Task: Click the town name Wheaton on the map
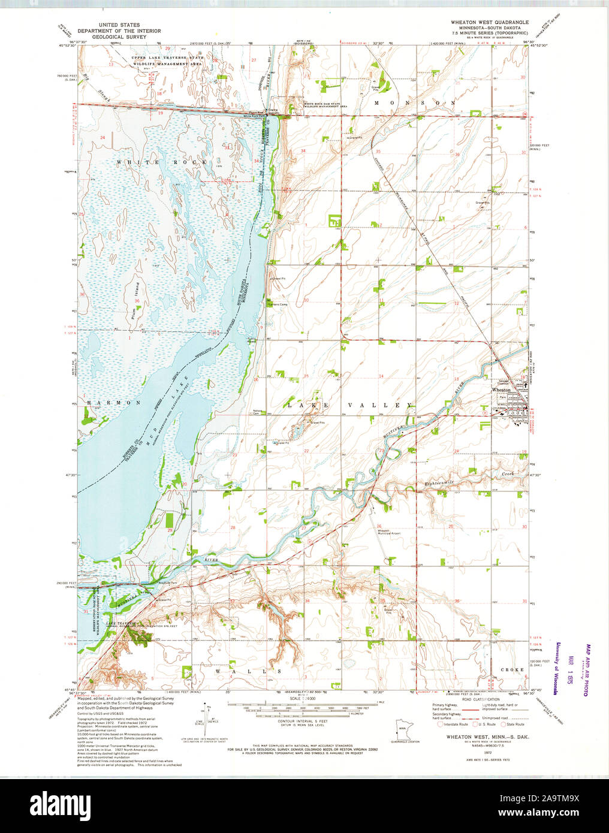point(501,390)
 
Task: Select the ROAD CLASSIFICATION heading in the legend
point(481,699)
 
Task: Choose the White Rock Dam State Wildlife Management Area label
point(326,105)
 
